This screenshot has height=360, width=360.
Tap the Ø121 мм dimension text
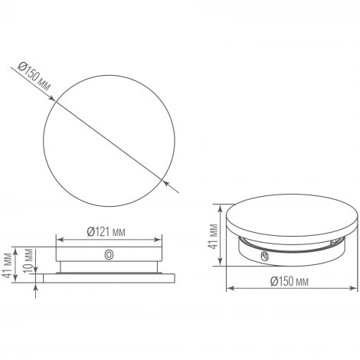click(x=106, y=230)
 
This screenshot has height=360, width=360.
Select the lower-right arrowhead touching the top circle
click(x=167, y=181)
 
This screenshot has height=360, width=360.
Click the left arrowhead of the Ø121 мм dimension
click(x=59, y=240)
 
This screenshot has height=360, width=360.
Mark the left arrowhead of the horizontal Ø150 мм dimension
click(x=227, y=289)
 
